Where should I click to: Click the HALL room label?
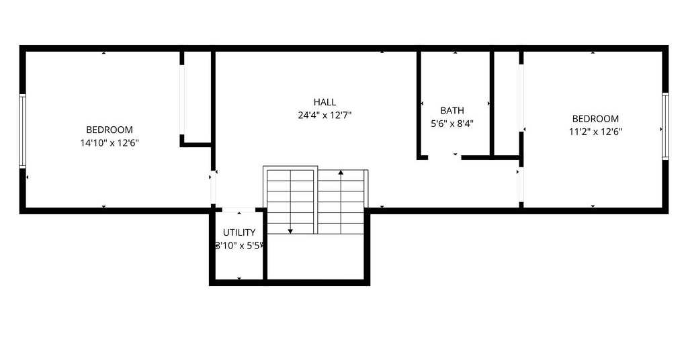click(325, 102)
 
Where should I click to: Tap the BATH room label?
click(452, 111)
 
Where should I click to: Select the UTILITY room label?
click(239, 232)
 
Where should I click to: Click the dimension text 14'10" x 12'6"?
click(110, 142)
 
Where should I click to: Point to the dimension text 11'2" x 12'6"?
click(595, 132)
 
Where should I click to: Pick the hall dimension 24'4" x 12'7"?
click(325, 116)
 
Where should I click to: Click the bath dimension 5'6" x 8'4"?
click(452, 124)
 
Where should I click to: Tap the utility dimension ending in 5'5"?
click(239, 246)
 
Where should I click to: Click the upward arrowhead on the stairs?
click(341, 173)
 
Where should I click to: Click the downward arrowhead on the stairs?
click(290, 231)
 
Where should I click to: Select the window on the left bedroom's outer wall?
click(22, 131)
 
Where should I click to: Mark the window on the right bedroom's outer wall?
click(665, 126)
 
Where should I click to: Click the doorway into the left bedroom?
click(213, 187)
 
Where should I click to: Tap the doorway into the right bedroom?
click(521, 185)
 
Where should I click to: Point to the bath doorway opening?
click(445, 157)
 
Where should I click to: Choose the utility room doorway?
click(239, 210)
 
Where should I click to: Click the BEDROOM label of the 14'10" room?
click(110, 130)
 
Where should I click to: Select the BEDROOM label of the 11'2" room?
click(595, 119)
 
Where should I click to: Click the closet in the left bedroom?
click(198, 97)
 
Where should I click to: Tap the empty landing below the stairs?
click(316, 256)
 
